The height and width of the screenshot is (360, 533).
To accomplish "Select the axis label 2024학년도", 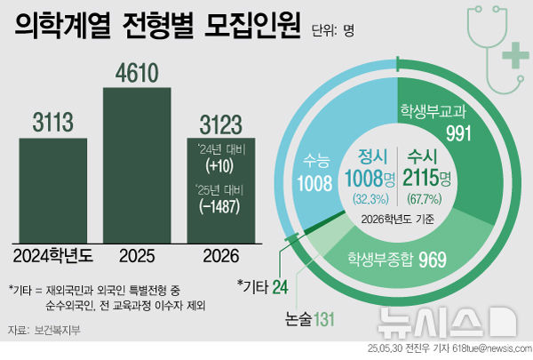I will pyautogui.click(x=52, y=255).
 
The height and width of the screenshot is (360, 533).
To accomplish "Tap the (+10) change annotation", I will pyautogui.click(x=219, y=166).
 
